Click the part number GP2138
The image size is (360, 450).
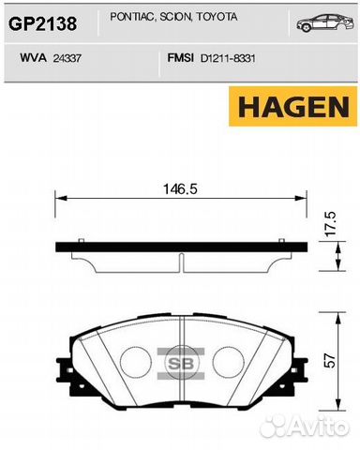pos(42,23)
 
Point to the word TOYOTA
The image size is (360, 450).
pos(217,17)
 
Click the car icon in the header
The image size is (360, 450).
pos(325,22)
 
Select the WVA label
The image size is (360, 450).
pos(33,58)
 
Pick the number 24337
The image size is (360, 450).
pos(67,58)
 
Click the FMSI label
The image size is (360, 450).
pos(180,58)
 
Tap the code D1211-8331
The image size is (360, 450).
pos(228,58)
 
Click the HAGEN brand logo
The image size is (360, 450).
pos(292,107)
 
